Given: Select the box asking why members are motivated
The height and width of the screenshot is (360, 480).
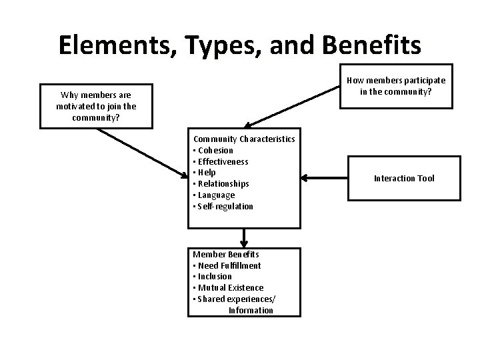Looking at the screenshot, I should click(97, 106).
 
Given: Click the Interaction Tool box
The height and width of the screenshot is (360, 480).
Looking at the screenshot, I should click(404, 178).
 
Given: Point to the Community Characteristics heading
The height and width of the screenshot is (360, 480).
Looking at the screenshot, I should click(244, 139).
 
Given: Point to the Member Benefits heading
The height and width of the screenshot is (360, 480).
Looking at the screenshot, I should click(226, 254).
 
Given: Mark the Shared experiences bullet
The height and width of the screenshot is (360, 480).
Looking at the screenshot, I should click(234, 299).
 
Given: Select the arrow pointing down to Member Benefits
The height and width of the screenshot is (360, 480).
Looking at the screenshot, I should click(245, 237).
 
